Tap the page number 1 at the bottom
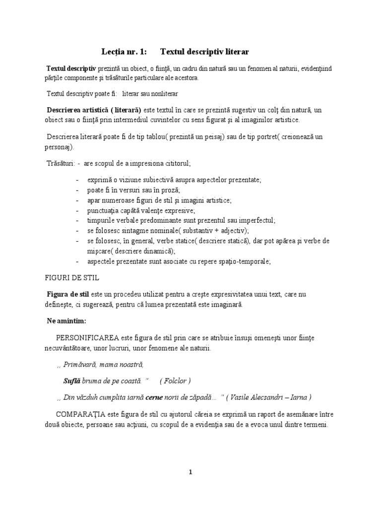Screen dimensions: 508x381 (x=190, y=472)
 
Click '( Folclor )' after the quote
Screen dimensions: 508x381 (x=176, y=381)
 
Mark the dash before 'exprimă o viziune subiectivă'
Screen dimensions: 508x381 (x=78, y=180)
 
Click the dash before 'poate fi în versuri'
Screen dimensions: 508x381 (x=78, y=190)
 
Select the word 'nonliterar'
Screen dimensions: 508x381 (x=163, y=93)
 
